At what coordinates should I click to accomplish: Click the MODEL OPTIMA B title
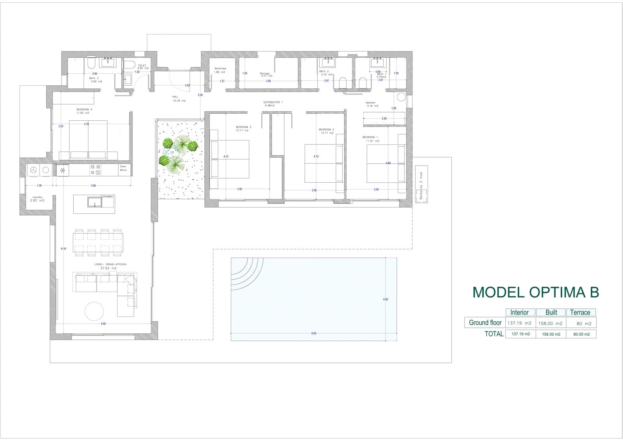(535, 292)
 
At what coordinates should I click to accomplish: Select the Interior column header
(519, 312)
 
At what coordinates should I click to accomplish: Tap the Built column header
(551, 312)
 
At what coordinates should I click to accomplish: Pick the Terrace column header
(580, 312)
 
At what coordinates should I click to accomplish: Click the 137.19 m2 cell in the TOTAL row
(521, 334)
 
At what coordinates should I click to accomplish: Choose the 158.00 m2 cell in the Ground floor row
(550, 323)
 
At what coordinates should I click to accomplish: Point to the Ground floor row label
(485, 322)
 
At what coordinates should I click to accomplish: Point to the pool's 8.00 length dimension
(314, 333)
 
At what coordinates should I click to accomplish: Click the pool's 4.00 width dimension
(385, 299)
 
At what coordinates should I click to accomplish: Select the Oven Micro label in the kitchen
(123, 168)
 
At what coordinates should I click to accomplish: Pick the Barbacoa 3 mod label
(421, 186)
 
